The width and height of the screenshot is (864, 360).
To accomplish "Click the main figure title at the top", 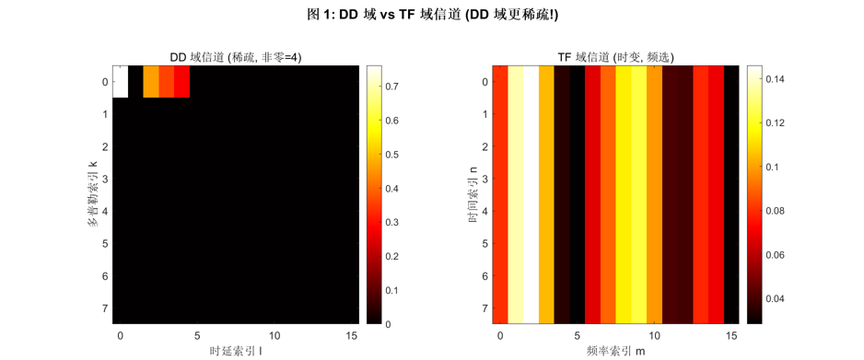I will tap(432, 14).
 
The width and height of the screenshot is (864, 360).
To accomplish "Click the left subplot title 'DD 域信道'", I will tap(236, 57).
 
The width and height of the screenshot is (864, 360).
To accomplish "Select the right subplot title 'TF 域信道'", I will tap(615, 57).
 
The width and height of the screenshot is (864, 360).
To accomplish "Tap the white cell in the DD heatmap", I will tap(121, 81).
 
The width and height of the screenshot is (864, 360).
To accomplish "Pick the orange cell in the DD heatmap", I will tap(151, 81).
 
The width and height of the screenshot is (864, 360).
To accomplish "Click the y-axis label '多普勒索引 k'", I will tap(93, 194).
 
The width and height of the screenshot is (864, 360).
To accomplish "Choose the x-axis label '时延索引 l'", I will tap(236, 351).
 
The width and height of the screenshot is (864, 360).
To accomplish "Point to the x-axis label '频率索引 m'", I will tap(615, 351).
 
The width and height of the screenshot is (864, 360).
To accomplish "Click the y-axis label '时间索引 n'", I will tap(473, 194).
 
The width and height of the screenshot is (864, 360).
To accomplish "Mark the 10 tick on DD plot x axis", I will tap(274, 334).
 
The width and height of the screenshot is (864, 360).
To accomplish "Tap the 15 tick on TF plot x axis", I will tap(731, 334).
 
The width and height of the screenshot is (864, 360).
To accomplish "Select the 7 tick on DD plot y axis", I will tap(104, 308).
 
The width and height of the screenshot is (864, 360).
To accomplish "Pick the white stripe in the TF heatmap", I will tap(531, 194).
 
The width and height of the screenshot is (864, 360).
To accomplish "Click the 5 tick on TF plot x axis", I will tap(578, 334).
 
